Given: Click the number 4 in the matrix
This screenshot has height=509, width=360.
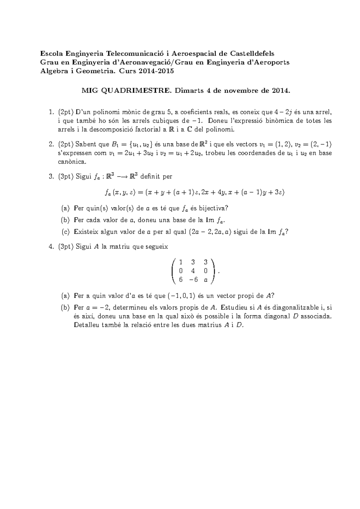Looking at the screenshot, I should pos(193,271).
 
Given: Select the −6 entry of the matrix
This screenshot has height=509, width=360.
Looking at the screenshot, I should pos(192,280).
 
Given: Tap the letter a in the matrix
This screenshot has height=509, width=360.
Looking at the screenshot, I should pos(205,280).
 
